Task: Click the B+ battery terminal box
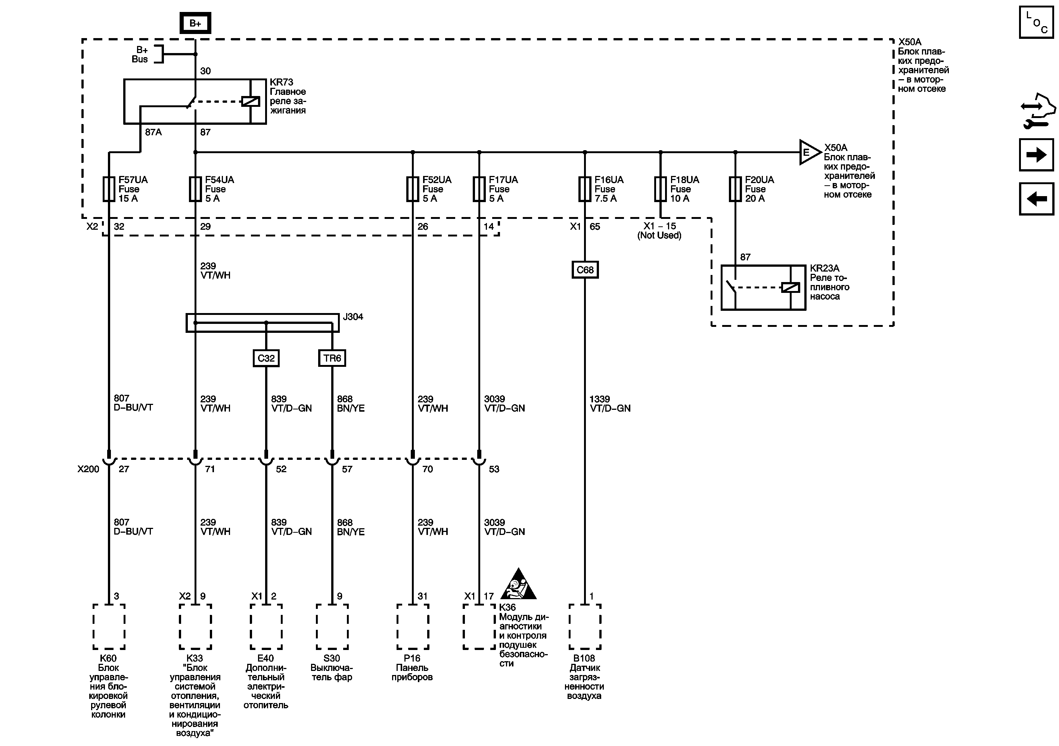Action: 195,23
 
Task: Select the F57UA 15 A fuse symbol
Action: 109,189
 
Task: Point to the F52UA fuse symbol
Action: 413,189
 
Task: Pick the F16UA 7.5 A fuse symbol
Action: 585,189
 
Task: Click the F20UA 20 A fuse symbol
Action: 735,189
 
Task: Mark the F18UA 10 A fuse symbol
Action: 661,189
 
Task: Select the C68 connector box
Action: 585,270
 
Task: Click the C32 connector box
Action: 266,358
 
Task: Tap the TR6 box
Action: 332,358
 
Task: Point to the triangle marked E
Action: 808,152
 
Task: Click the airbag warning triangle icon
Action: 518,585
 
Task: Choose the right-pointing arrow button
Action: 1036,155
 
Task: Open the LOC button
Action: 1036,22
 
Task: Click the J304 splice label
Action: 353,317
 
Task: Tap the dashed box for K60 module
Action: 109,626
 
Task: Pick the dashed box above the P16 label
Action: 413,626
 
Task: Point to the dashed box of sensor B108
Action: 585,626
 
